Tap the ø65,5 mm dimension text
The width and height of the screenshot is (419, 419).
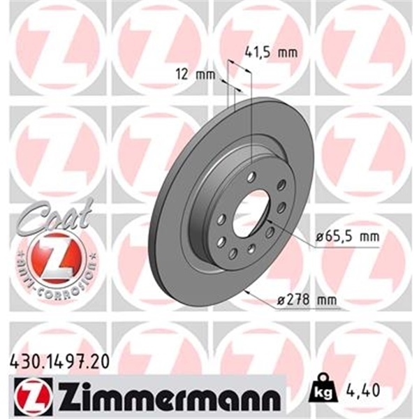[346, 237]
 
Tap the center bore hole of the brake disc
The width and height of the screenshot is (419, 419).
[250, 212]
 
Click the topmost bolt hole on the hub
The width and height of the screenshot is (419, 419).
[252, 176]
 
